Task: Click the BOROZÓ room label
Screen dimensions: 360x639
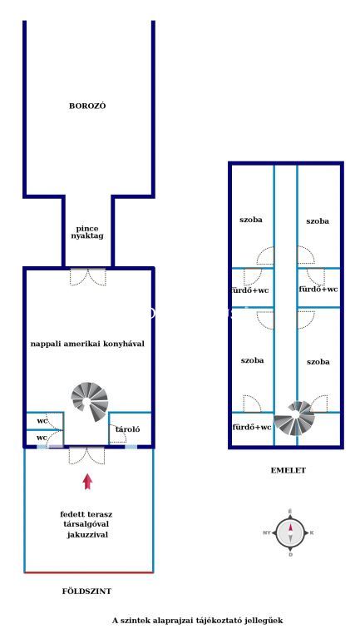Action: pyautogui.click(x=87, y=106)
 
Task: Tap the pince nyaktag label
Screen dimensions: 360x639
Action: pyautogui.click(x=87, y=232)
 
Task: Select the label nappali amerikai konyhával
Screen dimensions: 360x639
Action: pyautogui.click(x=87, y=344)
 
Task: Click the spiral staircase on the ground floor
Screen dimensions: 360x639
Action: pyautogui.click(x=90, y=401)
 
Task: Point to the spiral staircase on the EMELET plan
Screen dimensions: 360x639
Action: pyautogui.click(x=294, y=419)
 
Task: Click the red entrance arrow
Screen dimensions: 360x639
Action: pyautogui.click(x=87, y=481)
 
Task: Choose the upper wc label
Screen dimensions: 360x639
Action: pyautogui.click(x=42, y=421)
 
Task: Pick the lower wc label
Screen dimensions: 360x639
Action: pyautogui.click(x=42, y=438)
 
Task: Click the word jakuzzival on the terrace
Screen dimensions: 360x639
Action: pyautogui.click(x=87, y=535)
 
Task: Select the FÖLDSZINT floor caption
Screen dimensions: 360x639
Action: pyautogui.click(x=86, y=591)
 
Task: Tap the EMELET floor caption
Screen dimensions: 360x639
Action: pyautogui.click(x=288, y=470)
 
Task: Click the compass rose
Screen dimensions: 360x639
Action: pyautogui.click(x=290, y=532)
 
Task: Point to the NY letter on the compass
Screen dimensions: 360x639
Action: pyautogui.click(x=267, y=532)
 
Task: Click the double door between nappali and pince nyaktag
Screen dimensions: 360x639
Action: pyautogui.click(x=88, y=277)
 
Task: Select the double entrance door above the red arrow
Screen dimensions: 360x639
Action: pyautogui.click(x=86, y=456)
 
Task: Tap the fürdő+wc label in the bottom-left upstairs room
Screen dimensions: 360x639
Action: pyautogui.click(x=252, y=428)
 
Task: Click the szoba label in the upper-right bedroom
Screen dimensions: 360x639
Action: pyautogui.click(x=318, y=221)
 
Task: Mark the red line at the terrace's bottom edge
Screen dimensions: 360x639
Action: pyautogui.click(x=89, y=572)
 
